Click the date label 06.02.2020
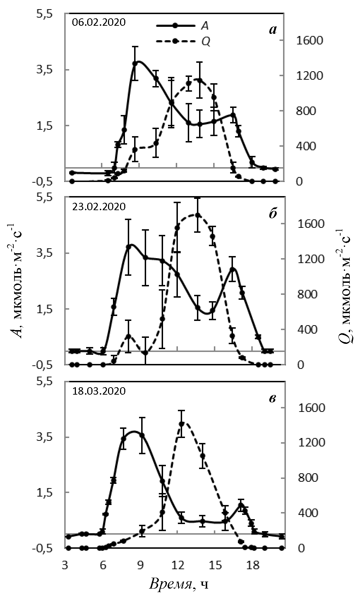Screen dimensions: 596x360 pyautogui.click(x=98, y=23)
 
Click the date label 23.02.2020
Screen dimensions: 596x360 pyautogui.click(x=98, y=206)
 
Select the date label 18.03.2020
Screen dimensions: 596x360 pyautogui.click(x=98, y=391)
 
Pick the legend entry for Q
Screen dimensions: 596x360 pyautogui.click(x=206, y=42)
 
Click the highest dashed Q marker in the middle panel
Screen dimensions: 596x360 pyautogui.click(x=198, y=215)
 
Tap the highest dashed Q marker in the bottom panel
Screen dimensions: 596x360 pyautogui.click(x=182, y=424)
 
